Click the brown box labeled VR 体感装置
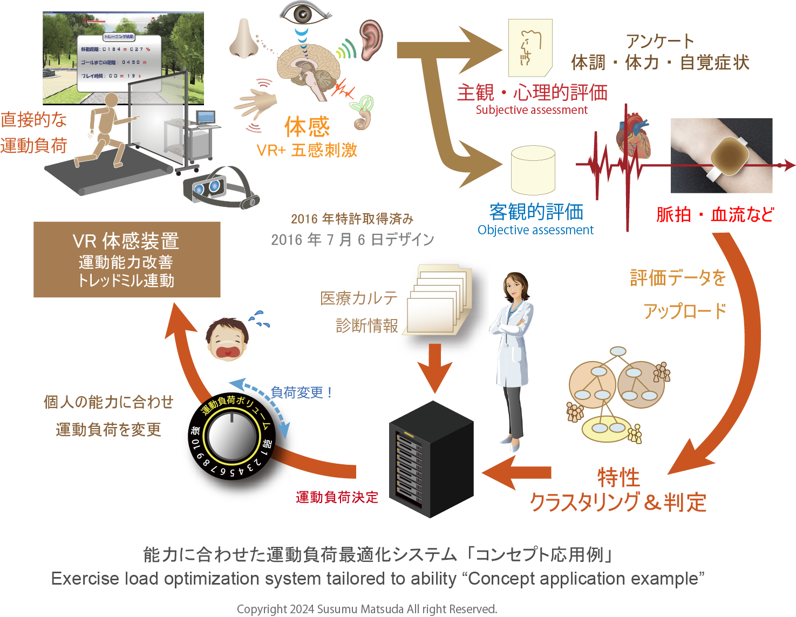(x=127, y=260)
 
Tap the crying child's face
(x=227, y=340)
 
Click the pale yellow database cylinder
(x=533, y=170)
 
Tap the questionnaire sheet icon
(x=530, y=48)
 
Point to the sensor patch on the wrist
(x=729, y=156)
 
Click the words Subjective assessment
(x=531, y=110)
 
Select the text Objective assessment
(x=535, y=230)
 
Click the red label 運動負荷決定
(x=337, y=497)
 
